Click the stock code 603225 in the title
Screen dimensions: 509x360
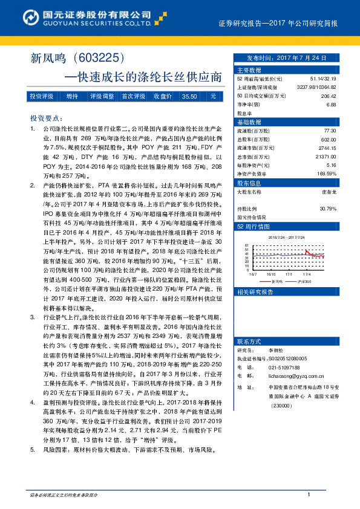click(x=99, y=59)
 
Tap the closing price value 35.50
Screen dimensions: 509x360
click(x=189, y=96)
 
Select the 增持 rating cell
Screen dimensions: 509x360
click(x=73, y=96)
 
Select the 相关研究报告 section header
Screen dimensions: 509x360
click(x=255, y=292)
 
